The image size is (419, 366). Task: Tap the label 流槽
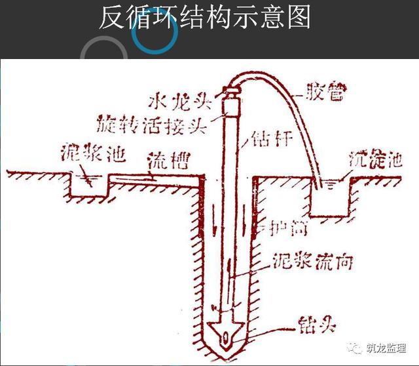point(160,163)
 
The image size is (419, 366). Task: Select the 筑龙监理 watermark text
point(386,347)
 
